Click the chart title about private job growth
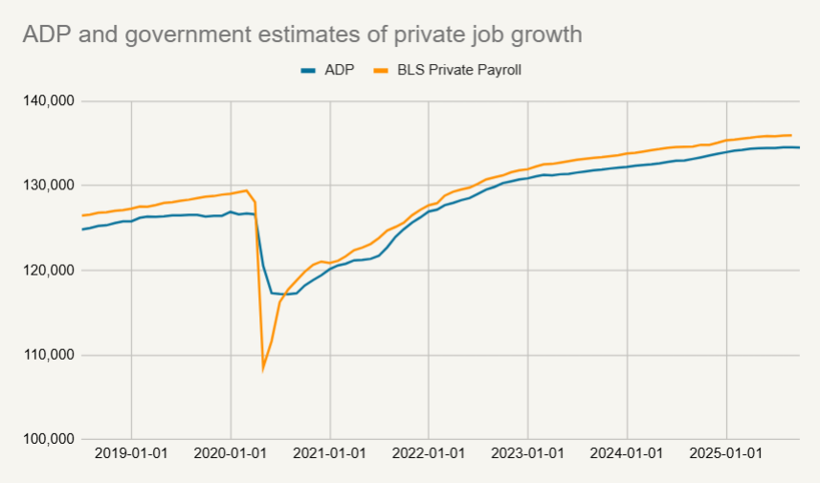(x=301, y=34)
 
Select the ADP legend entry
(x=328, y=70)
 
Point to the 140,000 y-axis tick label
(x=51, y=100)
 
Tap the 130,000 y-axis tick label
(x=51, y=186)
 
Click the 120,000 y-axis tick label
(x=51, y=270)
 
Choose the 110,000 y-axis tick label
(x=51, y=355)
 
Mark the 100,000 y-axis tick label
(x=51, y=440)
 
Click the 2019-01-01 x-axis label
(x=131, y=453)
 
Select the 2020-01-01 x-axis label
(x=231, y=453)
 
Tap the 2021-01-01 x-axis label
(x=330, y=453)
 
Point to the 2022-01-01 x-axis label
(x=429, y=453)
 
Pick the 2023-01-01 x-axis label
(x=528, y=453)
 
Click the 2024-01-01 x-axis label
(x=628, y=453)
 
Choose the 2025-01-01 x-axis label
(x=727, y=453)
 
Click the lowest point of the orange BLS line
(x=263, y=367)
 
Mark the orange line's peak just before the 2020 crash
(x=247, y=190)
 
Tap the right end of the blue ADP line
(x=800, y=147)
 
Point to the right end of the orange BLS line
(x=791, y=135)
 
